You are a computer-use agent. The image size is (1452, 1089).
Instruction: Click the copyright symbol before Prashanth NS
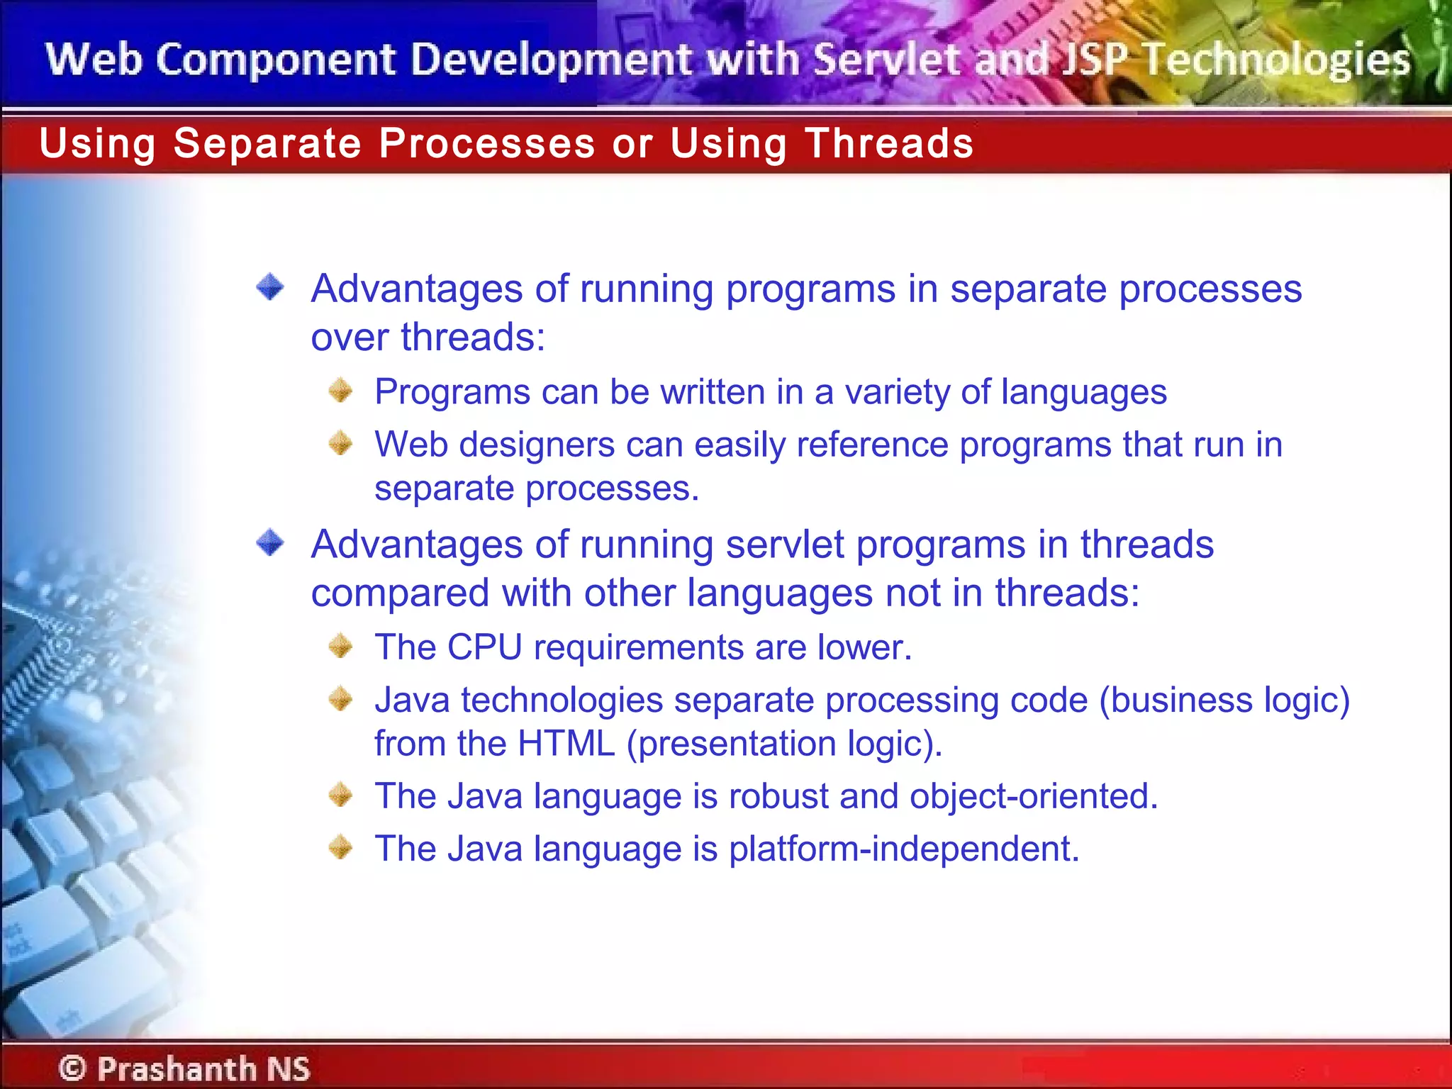pos(72,1068)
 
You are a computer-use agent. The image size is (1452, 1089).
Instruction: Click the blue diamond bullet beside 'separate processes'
pos(270,288)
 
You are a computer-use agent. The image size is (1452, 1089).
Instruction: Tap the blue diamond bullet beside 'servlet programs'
pos(270,544)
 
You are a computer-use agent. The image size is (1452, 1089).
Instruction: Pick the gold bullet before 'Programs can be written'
pos(341,391)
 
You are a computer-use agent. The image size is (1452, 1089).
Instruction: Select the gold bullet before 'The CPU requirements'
pos(341,646)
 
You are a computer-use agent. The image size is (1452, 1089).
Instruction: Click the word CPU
pos(484,647)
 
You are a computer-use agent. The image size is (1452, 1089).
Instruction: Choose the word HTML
pos(566,744)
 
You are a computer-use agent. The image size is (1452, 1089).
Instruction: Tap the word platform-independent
pos(904,849)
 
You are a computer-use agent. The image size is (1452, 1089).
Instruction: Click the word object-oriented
pos(1034,796)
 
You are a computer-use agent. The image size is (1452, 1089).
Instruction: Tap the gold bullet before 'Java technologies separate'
pos(341,699)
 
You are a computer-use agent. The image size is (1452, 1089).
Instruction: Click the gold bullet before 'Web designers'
pos(341,444)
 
